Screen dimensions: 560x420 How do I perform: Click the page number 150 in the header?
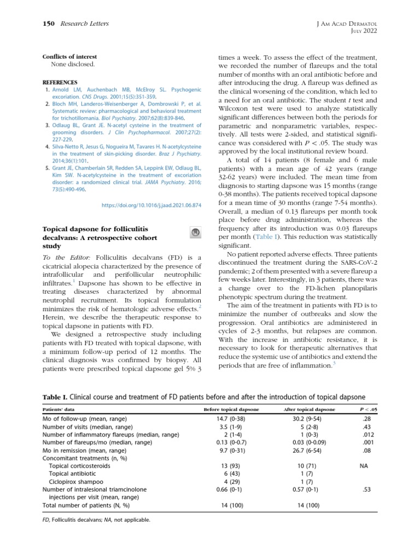coord(50,24)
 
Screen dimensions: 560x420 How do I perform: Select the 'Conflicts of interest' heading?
coord(69,56)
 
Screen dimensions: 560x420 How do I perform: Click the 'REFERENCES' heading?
coord(60,82)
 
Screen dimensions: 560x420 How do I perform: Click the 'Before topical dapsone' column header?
coord(231,409)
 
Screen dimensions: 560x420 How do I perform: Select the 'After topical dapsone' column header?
coord(310,409)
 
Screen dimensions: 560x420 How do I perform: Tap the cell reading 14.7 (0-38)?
coord(231,419)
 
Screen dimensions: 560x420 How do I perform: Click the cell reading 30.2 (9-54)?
coord(310,419)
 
